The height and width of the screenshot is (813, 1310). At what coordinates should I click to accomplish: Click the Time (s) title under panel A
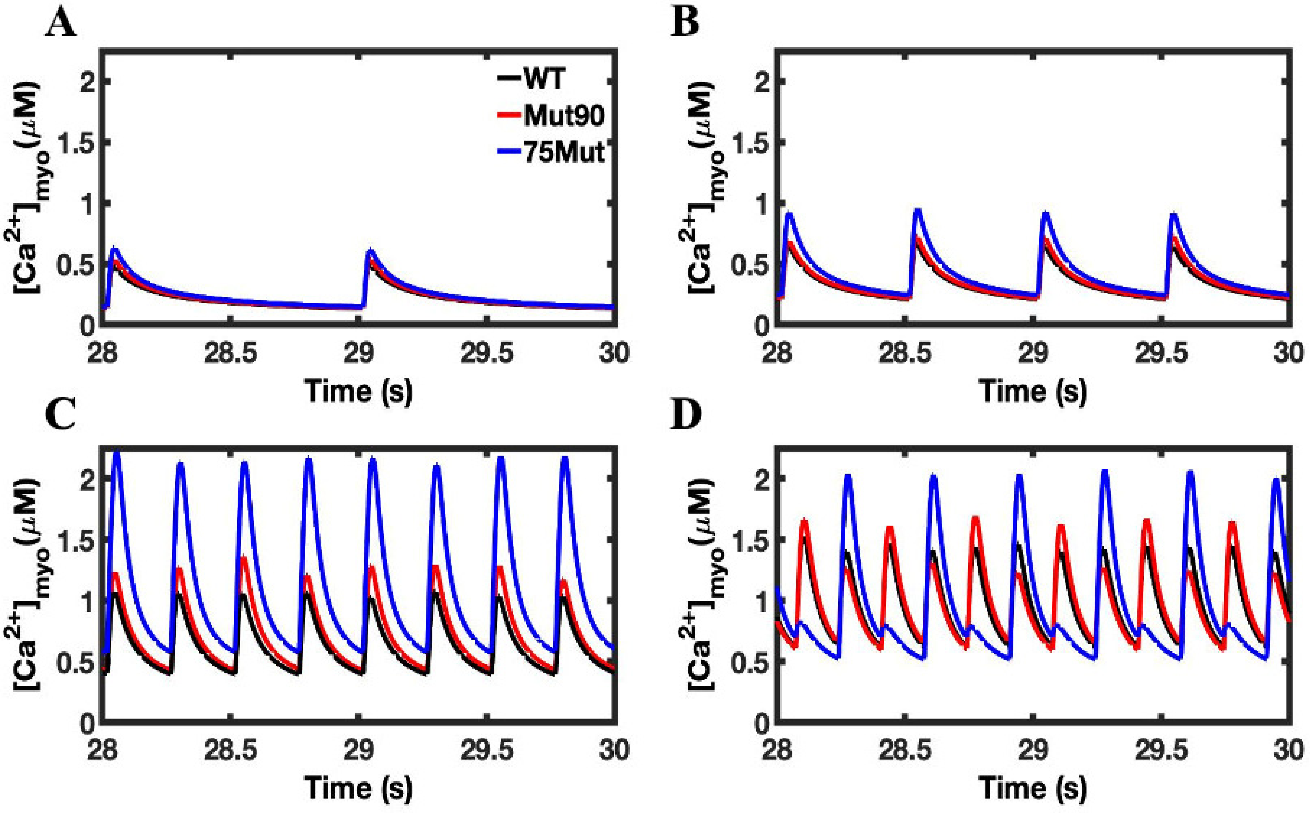(358, 391)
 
